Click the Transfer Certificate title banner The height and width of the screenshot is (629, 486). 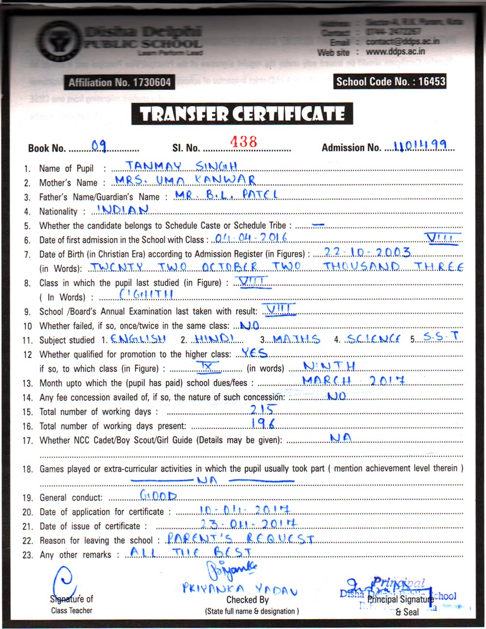242,114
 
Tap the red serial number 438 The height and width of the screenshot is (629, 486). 243,141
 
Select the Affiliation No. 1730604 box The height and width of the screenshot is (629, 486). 120,83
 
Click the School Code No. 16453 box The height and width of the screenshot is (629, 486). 390,81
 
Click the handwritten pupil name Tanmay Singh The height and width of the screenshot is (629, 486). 181,166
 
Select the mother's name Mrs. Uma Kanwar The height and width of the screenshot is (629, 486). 185,181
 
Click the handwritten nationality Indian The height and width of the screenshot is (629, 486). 123,210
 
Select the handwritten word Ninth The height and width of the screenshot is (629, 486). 329,366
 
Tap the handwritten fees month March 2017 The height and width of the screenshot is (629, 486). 353,380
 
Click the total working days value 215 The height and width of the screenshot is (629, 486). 263,409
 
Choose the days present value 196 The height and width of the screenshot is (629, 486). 263,424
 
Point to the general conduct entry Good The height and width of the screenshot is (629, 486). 158,496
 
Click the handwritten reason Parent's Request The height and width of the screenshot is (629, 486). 240,538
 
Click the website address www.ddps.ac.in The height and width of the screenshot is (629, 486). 395,51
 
